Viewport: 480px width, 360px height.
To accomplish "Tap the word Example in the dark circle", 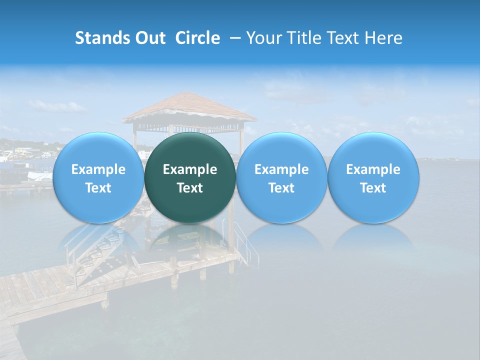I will pos(190,169).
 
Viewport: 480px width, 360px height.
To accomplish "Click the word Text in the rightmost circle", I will pos(373,188).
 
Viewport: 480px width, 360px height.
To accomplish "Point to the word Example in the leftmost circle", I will pos(98,169).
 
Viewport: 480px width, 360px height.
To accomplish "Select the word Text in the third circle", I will pos(281,188).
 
